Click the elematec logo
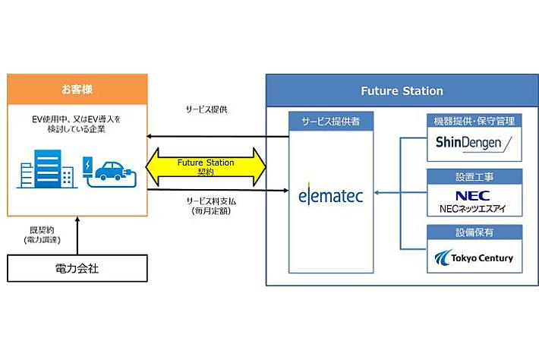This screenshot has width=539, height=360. tap(331, 196)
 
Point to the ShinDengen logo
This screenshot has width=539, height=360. tap(474, 143)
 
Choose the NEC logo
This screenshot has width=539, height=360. tap(473, 194)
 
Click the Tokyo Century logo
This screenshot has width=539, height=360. tap(473, 258)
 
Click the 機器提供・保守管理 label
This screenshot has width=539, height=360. tap(473, 121)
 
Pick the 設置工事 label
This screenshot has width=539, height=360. tap(473, 176)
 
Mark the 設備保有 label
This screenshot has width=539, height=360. tap(473, 232)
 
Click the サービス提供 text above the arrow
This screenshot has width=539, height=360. tap(206, 109)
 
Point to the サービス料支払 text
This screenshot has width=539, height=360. tap(206, 200)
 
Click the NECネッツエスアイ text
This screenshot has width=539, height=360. tap(473, 207)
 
